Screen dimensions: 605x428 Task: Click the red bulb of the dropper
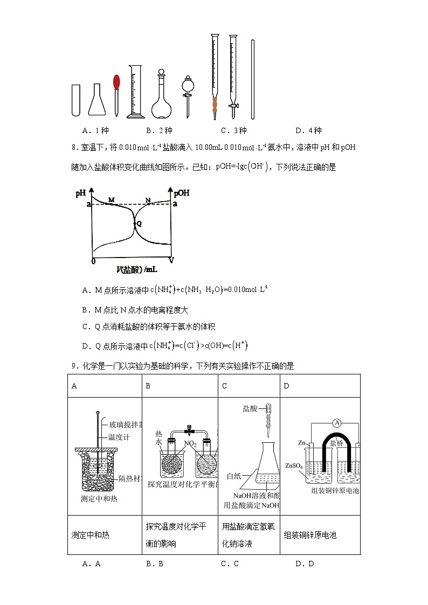tap(116, 82)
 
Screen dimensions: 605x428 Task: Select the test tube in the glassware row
tap(76, 100)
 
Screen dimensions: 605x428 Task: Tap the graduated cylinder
tap(135, 92)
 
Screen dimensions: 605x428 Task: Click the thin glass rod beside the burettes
tap(252, 79)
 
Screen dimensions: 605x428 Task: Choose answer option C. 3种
tap(233, 130)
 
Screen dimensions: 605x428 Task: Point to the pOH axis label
tap(181, 193)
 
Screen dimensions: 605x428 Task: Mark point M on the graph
tap(112, 200)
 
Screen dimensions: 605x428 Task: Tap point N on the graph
tap(148, 200)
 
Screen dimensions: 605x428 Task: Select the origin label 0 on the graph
tap(93, 261)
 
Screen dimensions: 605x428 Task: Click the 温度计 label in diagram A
tap(120, 437)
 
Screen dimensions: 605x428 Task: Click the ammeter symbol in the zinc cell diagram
tap(337, 423)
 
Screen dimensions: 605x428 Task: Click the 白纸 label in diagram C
tap(234, 476)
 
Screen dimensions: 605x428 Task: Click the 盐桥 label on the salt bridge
tap(336, 443)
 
